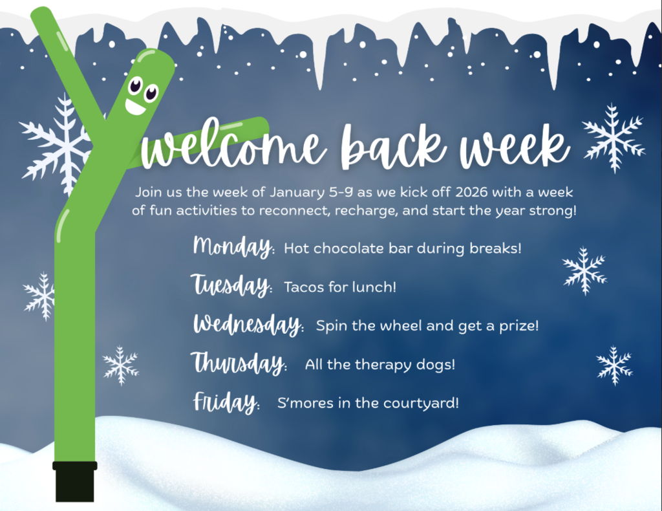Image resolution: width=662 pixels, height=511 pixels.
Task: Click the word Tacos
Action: coord(304,287)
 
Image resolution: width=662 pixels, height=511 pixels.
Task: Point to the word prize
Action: coord(518,325)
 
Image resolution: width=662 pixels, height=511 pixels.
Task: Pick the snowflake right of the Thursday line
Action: coord(614,365)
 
